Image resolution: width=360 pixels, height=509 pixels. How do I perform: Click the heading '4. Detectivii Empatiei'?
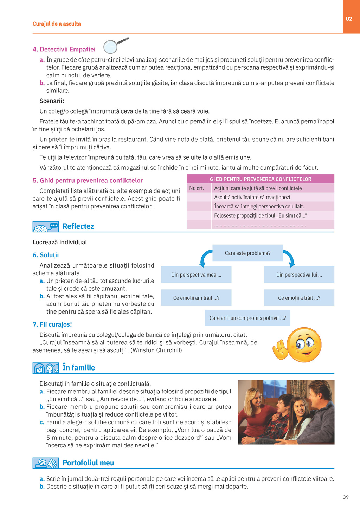[64, 49]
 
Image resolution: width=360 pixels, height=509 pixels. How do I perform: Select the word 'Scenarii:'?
[52, 101]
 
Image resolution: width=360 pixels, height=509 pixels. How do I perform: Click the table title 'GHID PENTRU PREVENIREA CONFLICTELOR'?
[260, 179]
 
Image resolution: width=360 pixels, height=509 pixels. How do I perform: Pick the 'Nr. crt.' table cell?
[197, 188]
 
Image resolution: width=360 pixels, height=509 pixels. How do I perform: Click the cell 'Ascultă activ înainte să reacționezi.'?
[253, 198]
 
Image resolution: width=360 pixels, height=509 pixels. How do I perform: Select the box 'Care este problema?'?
[247, 253]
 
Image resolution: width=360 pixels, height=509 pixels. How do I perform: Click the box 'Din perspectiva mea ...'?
[196, 275]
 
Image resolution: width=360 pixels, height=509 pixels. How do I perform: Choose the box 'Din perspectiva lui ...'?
[299, 275]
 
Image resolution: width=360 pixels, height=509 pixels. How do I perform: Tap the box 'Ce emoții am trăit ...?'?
[196, 298]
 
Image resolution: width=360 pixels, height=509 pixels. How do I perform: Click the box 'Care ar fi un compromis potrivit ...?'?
[247, 318]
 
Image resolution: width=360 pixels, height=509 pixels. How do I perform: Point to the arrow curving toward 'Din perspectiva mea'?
[205, 258]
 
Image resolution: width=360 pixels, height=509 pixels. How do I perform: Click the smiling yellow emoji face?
[304, 344]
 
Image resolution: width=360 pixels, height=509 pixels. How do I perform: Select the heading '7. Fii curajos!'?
[52, 324]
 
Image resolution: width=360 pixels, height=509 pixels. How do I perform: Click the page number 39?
[346, 497]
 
